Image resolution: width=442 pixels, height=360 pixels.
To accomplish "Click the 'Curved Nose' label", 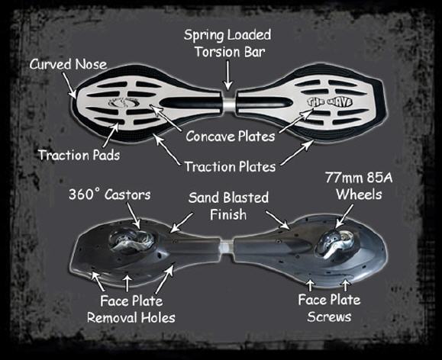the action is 68,64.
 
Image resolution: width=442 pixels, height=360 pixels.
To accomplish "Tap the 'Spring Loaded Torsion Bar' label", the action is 227,43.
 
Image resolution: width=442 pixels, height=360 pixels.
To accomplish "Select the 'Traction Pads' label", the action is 79,155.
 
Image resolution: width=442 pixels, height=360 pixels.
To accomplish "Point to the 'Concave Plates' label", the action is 231,137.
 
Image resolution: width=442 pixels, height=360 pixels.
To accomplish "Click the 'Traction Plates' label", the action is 230,166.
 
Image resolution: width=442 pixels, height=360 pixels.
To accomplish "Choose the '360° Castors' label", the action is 110,194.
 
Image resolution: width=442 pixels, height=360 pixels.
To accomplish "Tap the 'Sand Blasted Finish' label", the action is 228,206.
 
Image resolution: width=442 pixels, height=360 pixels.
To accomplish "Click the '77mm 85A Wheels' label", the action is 359,186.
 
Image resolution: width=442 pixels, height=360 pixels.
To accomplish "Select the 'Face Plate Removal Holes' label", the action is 131,310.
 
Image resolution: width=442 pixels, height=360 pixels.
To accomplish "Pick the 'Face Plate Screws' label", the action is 329,308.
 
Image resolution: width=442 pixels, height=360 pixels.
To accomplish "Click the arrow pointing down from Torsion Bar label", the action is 227,76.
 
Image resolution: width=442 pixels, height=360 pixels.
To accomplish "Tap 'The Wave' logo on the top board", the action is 330,101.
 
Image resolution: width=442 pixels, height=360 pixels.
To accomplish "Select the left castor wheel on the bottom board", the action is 131,242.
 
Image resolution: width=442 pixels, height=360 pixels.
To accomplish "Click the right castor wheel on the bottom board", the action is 335,243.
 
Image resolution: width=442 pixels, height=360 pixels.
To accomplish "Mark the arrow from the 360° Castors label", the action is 134,215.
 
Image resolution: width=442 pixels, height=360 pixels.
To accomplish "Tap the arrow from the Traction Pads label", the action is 111,135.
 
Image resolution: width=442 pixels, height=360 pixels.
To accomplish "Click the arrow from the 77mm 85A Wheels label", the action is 344,216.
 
